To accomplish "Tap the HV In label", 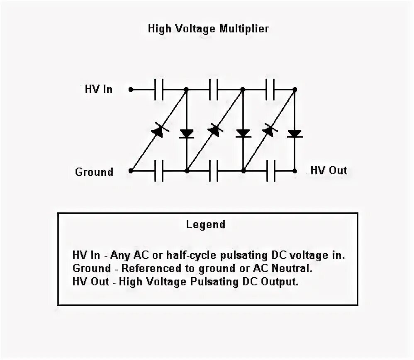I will coord(98,89).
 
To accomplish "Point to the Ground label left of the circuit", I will coord(94,172).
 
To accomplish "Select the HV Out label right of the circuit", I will coord(329,170).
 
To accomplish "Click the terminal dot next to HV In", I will coord(131,89).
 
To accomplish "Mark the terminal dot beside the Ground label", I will coord(131,170).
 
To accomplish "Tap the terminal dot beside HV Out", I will coord(295,170).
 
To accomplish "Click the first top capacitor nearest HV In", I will coord(159,89).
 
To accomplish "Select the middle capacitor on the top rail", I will coord(214,89).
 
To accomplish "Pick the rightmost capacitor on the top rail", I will coord(270,89).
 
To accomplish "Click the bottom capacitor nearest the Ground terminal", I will coord(159,170).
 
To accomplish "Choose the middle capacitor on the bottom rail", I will coord(214,170).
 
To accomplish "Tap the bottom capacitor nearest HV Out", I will coord(270,170).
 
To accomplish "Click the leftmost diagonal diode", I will coord(158,131).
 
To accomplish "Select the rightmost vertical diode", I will coord(295,134).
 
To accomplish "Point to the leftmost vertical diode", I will coord(187,134).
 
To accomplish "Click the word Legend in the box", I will coord(206,225).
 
